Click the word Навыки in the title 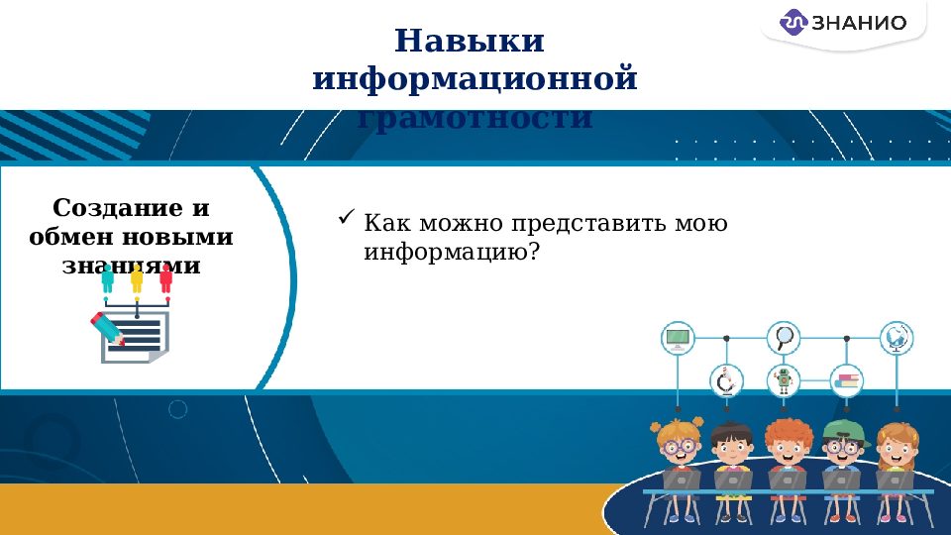[x=470, y=42]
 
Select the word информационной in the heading [x=475, y=78]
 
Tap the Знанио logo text [x=858, y=23]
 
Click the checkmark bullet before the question [x=347, y=217]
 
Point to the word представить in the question [x=571, y=224]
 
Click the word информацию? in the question [x=452, y=252]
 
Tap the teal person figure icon [x=107, y=278]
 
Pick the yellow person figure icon [x=137, y=278]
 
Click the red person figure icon [x=165, y=278]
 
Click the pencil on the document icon [x=107, y=329]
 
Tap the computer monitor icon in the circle [x=678, y=339]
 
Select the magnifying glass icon [x=786, y=338]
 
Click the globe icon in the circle [x=898, y=338]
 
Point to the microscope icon [x=726, y=380]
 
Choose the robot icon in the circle [x=785, y=380]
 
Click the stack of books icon [x=847, y=380]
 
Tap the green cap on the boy [x=842, y=429]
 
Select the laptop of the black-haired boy [x=733, y=481]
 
